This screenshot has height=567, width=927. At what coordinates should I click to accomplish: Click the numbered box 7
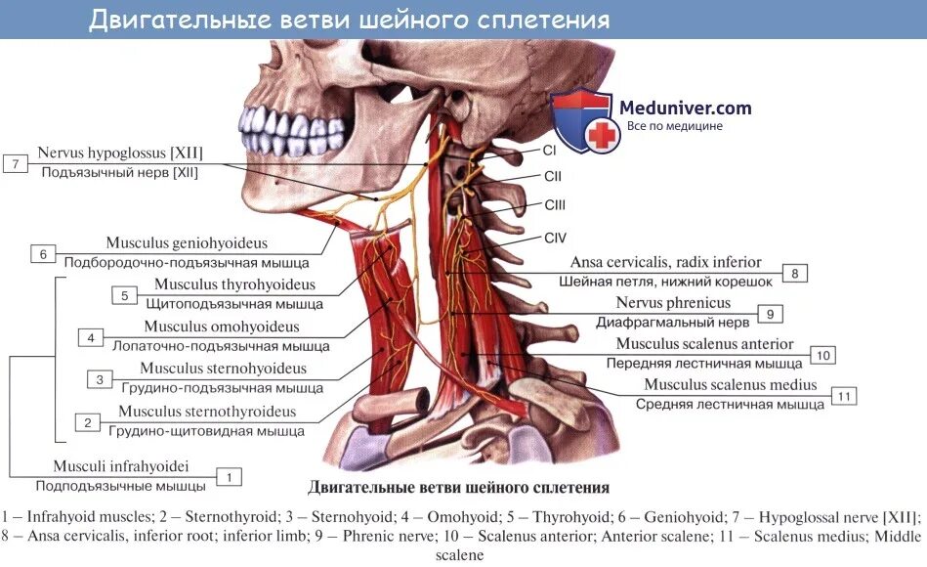pos(17,163)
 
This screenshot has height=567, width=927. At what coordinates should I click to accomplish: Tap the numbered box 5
pos(124,295)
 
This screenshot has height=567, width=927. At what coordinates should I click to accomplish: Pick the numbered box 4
pos(90,338)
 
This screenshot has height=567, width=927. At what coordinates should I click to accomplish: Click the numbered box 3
pos(99,379)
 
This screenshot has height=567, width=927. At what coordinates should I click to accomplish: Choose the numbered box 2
pos(87,422)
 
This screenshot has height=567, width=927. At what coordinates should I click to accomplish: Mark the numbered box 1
pos(228,477)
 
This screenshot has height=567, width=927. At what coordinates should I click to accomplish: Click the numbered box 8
pos(795,274)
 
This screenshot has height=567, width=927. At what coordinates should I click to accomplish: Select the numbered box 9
pos(770,314)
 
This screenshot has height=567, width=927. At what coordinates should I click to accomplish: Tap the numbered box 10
pos(822,355)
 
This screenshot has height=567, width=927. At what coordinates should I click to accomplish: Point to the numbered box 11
pos(843,396)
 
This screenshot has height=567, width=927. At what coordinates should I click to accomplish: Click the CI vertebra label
pos(549,152)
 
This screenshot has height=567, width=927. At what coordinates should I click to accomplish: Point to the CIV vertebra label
pos(555,238)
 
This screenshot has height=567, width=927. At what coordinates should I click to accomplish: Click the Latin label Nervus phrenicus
pos(673,303)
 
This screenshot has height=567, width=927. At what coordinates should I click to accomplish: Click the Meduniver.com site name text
pos(685,108)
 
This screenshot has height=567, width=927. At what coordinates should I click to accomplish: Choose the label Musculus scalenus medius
pos(731,385)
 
